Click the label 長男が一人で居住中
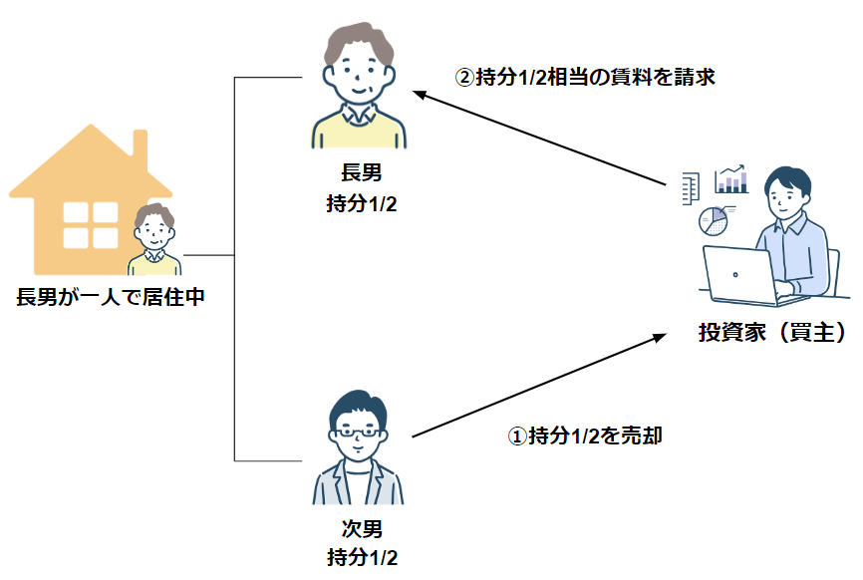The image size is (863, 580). point(111,297)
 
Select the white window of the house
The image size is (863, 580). point(91,225)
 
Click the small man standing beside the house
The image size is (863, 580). point(154,239)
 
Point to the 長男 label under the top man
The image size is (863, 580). point(361,172)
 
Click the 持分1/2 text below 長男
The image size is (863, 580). point(361,203)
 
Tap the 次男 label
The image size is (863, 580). point(362,529)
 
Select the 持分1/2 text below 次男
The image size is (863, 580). point(362,557)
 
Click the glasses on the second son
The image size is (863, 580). point(358,432)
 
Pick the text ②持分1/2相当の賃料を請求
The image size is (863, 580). point(585,77)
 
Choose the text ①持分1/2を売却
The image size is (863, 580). point(585,435)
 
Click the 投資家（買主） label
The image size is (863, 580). point(772,332)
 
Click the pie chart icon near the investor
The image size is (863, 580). point(714,221)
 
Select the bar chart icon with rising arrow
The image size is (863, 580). point(731,178)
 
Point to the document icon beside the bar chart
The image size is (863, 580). point(691,188)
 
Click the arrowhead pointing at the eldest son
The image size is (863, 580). point(420,95)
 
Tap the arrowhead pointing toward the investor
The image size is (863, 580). point(660,337)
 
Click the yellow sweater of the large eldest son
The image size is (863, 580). point(359,130)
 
